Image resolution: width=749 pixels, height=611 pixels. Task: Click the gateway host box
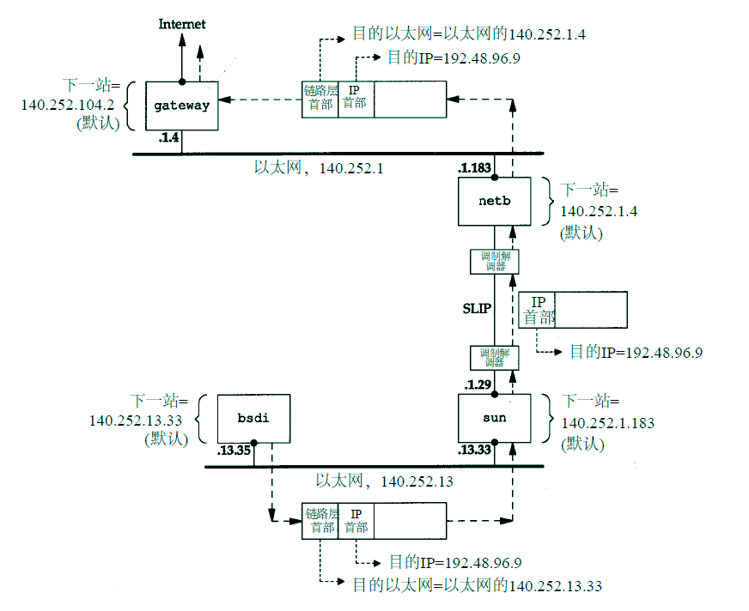[181, 106]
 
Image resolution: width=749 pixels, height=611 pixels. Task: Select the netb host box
[494, 202]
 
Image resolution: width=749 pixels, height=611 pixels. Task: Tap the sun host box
[494, 418]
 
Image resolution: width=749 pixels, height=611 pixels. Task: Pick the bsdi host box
[253, 418]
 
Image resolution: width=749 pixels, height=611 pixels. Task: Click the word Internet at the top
[182, 24]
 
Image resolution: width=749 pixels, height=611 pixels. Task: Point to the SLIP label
[477, 308]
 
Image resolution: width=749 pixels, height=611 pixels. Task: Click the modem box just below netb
[495, 261]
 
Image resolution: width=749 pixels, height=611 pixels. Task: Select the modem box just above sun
[495, 358]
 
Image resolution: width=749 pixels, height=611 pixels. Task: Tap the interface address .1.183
[475, 168]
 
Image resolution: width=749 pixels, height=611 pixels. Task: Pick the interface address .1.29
[478, 384]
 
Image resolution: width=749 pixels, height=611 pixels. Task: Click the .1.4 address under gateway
[168, 137]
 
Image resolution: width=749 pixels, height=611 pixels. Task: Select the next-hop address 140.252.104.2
[68, 105]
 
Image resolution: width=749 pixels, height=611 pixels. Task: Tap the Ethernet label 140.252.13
[384, 481]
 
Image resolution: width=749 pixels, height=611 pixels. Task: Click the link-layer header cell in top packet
[320, 97]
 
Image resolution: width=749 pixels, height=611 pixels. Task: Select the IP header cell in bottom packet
[356, 521]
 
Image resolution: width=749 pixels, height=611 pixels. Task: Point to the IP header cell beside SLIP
[539, 310]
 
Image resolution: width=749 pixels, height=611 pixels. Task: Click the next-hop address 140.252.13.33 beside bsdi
[136, 420]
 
